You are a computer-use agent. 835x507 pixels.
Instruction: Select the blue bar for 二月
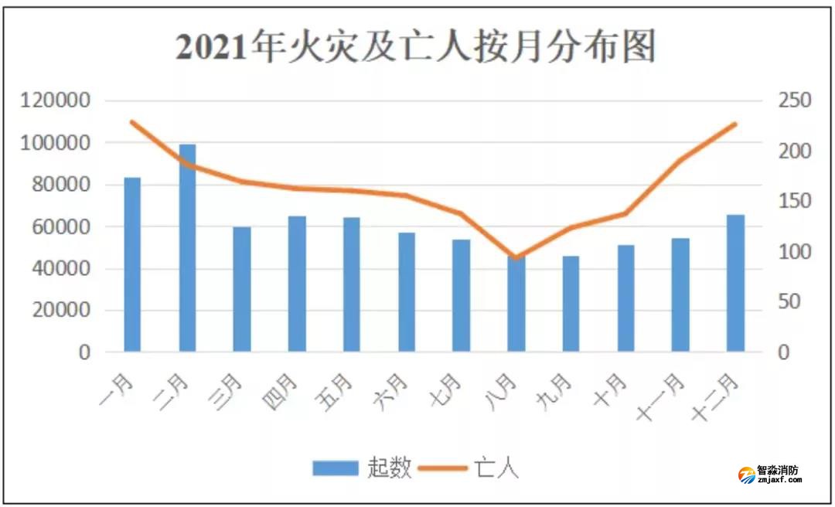pos(187,247)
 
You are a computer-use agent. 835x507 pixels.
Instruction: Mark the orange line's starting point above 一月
pos(132,122)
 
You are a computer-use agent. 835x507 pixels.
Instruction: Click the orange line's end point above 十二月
pos(735,124)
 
